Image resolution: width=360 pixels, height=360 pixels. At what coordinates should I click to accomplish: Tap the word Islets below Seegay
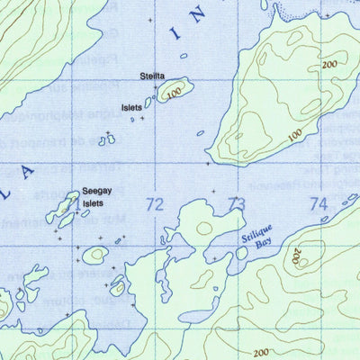coord(94,203)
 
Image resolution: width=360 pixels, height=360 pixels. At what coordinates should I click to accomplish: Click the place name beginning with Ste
coord(152,76)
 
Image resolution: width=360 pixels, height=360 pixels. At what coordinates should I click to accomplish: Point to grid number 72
coord(155,206)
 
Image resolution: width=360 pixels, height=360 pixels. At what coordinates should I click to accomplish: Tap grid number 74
coord(319,205)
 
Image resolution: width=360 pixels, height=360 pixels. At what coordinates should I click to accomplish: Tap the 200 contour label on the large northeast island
coord(328,65)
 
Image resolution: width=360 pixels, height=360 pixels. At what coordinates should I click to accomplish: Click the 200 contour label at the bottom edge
coord(262,351)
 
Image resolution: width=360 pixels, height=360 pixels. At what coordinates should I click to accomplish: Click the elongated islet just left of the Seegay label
coord(66,210)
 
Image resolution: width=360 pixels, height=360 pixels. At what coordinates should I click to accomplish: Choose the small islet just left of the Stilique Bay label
coord(241,254)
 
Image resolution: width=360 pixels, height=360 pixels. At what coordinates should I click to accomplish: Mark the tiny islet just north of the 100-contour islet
coord(184,56)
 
